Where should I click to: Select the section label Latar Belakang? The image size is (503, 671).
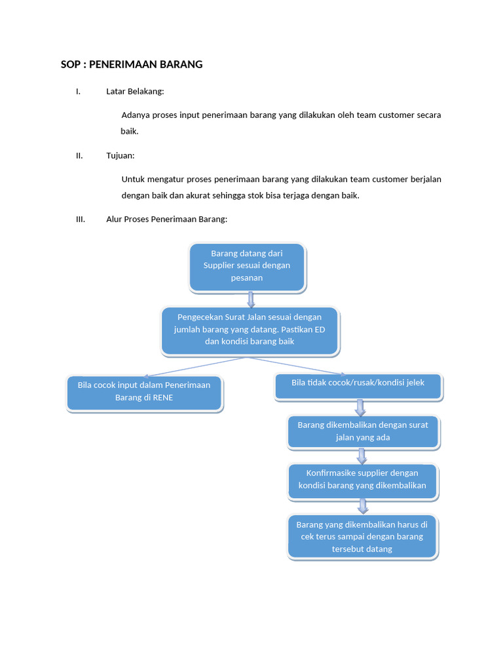pyautogui.click(x=135, y=91)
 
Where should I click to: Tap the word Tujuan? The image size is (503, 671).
pyautogui.click(x=120, y=155)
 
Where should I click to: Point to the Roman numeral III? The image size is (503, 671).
pyautogui.click(x=81, y=219)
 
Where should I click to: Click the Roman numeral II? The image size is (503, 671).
pyautogui.click(x=79, y=155)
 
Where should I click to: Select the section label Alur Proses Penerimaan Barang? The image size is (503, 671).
pyautogui.click(x=166, y=219)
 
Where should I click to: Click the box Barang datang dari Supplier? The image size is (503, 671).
pyautogui.click(x=247, y=266)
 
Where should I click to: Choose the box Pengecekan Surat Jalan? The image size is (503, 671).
pyautogui.click(x=250, y=330)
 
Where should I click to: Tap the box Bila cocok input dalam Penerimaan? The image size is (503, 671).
pyautogui.click(x=144, y=391)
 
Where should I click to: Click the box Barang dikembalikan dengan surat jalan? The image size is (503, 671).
pyautogui.click(x=363, y=431)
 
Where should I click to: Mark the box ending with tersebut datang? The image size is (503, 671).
pyautogui.click(x=362, y=537)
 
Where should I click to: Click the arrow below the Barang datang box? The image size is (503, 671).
pyautogui.click(x=250, y=299)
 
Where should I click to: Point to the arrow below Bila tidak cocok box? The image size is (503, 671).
pyautogui.click(x=360, y=407)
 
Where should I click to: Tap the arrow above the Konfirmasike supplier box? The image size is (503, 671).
pyautogui.click(x=361, y=455)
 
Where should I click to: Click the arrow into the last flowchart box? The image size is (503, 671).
pyautogui.click(x=362, y=505)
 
